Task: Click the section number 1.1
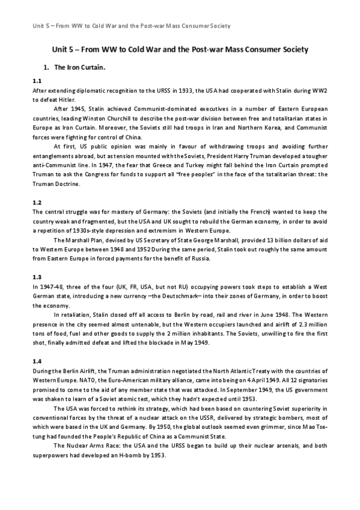click(36, 80)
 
